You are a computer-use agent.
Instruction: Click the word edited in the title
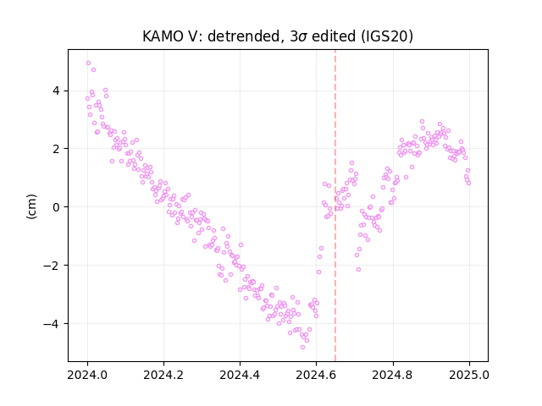coord(334,36)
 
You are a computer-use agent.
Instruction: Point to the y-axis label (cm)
coord(31,206)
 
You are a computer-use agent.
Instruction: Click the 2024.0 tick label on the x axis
coord(87,375)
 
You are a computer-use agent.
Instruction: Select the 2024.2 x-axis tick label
coord(163,375)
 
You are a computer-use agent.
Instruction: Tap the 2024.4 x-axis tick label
coord(240,375)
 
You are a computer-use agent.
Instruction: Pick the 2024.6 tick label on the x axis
coord(316,375)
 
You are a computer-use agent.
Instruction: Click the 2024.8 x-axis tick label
coord(392,375)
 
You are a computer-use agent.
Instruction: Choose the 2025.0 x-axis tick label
coord(469,375)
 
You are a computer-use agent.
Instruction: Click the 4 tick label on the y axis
coord(56,91)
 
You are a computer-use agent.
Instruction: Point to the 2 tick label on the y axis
coord(56,149)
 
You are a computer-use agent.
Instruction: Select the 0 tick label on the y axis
coord(56,207)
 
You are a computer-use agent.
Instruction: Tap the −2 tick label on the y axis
coord(51,266)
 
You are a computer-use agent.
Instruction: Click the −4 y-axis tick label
coord(51,324)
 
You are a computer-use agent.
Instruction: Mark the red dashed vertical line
coord(335,206)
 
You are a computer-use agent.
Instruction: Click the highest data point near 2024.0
coord(88,63)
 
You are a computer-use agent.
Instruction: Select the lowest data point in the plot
coord(303,348)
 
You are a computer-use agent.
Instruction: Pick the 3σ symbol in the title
coord(298,36)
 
